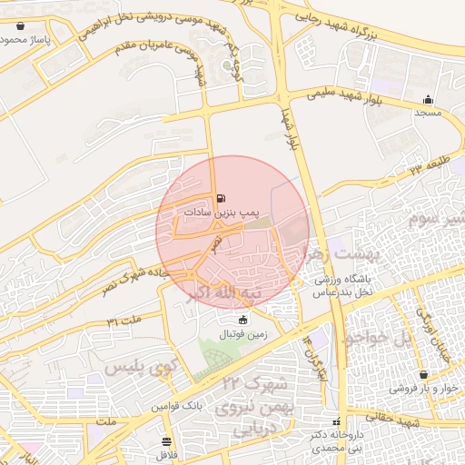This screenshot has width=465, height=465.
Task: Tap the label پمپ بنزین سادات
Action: coord(222,211)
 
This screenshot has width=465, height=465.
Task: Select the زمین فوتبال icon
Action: coord(242,320)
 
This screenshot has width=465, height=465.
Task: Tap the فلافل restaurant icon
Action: coord(165,441)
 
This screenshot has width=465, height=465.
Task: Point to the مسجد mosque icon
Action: coord(428,100)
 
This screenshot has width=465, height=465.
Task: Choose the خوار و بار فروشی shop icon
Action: coord(423,375)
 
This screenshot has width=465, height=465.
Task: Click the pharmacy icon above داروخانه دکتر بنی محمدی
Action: coord(337,422)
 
